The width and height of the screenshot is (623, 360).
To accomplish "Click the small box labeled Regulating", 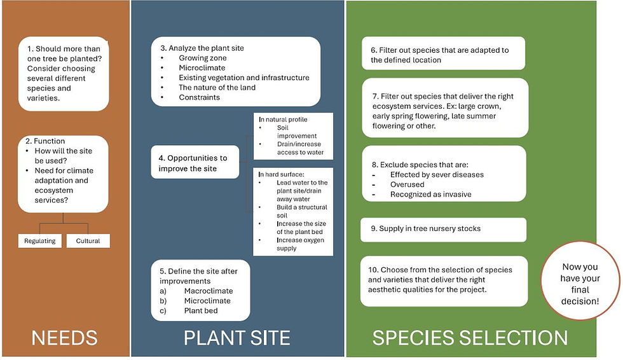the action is click(x=39, y=241).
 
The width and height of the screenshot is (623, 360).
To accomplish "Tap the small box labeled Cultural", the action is click(x=88, y=241).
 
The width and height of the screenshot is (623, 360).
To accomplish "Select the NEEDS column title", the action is click(x=64, y=338).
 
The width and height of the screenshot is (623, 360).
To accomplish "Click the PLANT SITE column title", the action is click(x=236, y=338).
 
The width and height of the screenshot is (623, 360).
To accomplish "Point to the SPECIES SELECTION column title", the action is click(x=470, y=338).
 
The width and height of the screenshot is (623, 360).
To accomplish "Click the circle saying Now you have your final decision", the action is click(x=580, y=280).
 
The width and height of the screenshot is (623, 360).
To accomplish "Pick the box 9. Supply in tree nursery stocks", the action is click(x=444, y=229).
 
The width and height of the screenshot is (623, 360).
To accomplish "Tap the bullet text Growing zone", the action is click(x=203, y=58).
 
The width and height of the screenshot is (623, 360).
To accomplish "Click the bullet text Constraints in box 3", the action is click(x=199, y=97).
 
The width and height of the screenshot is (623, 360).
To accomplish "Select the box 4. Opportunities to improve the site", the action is click(x=195, y=162).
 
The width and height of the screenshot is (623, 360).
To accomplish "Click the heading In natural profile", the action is click(x=283, y=119).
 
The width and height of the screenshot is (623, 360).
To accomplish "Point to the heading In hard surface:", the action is click(x=281, y=174).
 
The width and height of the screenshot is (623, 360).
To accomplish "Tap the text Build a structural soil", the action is click(x=302, y=211).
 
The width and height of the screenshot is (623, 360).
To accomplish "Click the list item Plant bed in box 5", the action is click(x=201, y=311).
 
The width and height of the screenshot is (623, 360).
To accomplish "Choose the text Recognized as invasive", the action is click(x=431, y=194).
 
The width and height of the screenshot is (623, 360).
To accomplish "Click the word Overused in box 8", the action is click(x=407, y=184).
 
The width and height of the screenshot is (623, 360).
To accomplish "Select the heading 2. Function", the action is click(x=45, y=141).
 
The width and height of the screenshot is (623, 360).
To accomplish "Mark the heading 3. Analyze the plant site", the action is click(x=202, y=48).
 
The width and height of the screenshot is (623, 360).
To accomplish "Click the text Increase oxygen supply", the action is click(x=300, y=244).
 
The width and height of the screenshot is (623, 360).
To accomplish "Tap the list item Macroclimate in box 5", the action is click(x=209, y=291).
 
